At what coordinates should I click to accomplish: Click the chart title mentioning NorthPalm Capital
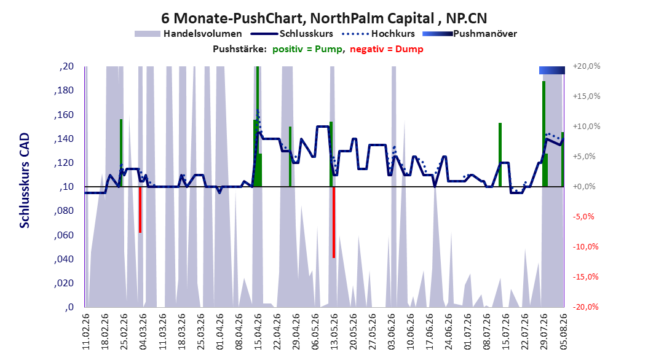[324, 18]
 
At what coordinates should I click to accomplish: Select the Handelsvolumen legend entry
[188, 34]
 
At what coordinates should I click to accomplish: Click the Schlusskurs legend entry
[292, 34]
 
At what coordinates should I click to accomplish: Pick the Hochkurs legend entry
[378, 34]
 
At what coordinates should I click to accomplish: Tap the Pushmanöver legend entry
[470, 34]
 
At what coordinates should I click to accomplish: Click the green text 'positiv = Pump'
[307, 49]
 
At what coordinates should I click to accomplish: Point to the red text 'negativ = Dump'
[387, 49]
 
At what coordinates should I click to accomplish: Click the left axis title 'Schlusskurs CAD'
[25, 181]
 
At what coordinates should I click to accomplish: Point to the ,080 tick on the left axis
[64, 211]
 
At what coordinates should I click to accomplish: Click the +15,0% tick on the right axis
[586, 96]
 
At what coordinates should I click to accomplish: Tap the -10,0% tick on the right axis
[586, 247]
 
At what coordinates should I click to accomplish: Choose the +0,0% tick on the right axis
[584, 187]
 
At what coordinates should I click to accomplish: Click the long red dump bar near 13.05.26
[333, 222]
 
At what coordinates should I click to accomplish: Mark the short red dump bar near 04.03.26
[140, 209]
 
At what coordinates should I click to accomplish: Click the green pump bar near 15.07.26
[500, 155]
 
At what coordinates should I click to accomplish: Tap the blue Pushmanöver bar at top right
[551, 70]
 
